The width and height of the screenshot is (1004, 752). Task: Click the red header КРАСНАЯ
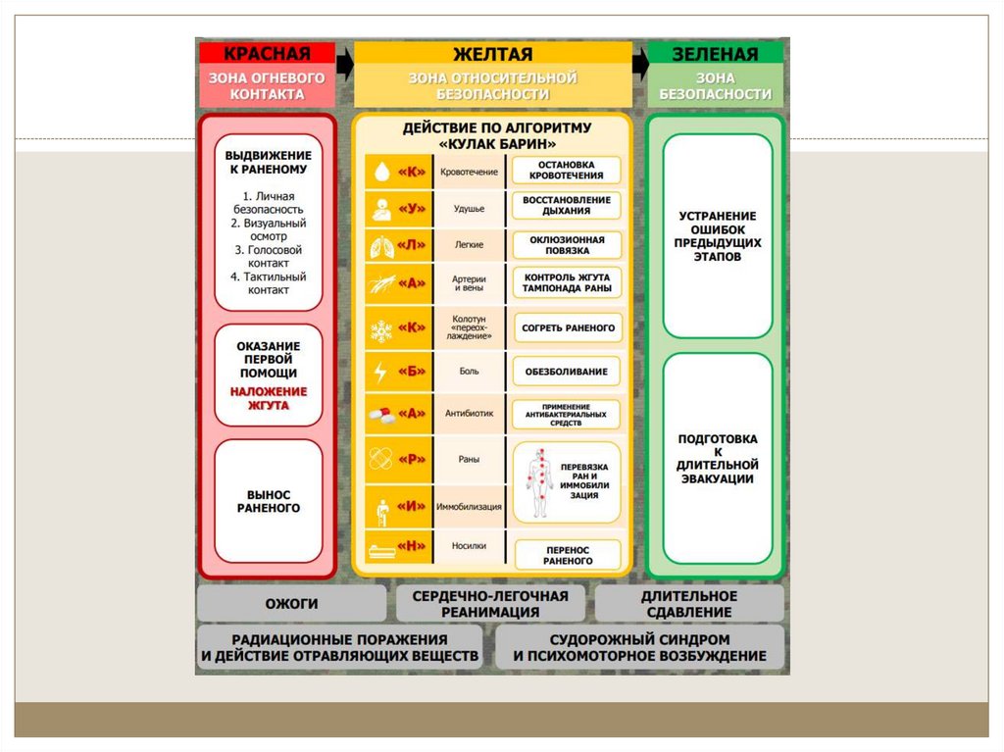tap(267, 54)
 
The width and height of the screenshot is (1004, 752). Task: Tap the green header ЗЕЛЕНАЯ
tap(715, 54)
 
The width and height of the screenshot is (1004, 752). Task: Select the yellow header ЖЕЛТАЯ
tap(492, 54)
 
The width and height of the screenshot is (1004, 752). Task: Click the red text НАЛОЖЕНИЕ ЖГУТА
tap(269, 398)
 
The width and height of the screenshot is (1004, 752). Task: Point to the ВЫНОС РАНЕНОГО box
tap(269, 501)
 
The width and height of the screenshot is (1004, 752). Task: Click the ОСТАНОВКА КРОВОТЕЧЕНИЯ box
tap(567, 170)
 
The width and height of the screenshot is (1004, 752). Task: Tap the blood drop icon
tap(379, 173)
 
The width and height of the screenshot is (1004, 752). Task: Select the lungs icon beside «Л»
tap(379, 244)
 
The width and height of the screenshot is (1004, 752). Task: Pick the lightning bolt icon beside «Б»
tap(379, 373)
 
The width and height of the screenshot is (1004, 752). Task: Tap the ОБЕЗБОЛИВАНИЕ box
tap(567, 372)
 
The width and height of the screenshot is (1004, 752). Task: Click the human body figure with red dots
tap(538, 482)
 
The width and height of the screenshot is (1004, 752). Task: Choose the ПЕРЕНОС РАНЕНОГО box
tap(568, 554)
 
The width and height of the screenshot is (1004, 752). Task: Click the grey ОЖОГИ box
tap(291, 604)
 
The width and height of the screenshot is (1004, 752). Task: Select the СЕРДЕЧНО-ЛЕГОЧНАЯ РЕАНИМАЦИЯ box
tap(490, 604)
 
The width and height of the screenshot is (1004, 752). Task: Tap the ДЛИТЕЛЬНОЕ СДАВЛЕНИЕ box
tap(688, 604)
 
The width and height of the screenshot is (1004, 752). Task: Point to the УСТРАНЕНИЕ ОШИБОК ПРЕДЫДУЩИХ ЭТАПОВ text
tap(719, 236)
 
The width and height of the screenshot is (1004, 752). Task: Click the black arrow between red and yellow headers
tap(344, 66)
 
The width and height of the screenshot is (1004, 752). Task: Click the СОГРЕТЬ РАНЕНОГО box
tap(568, 327)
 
